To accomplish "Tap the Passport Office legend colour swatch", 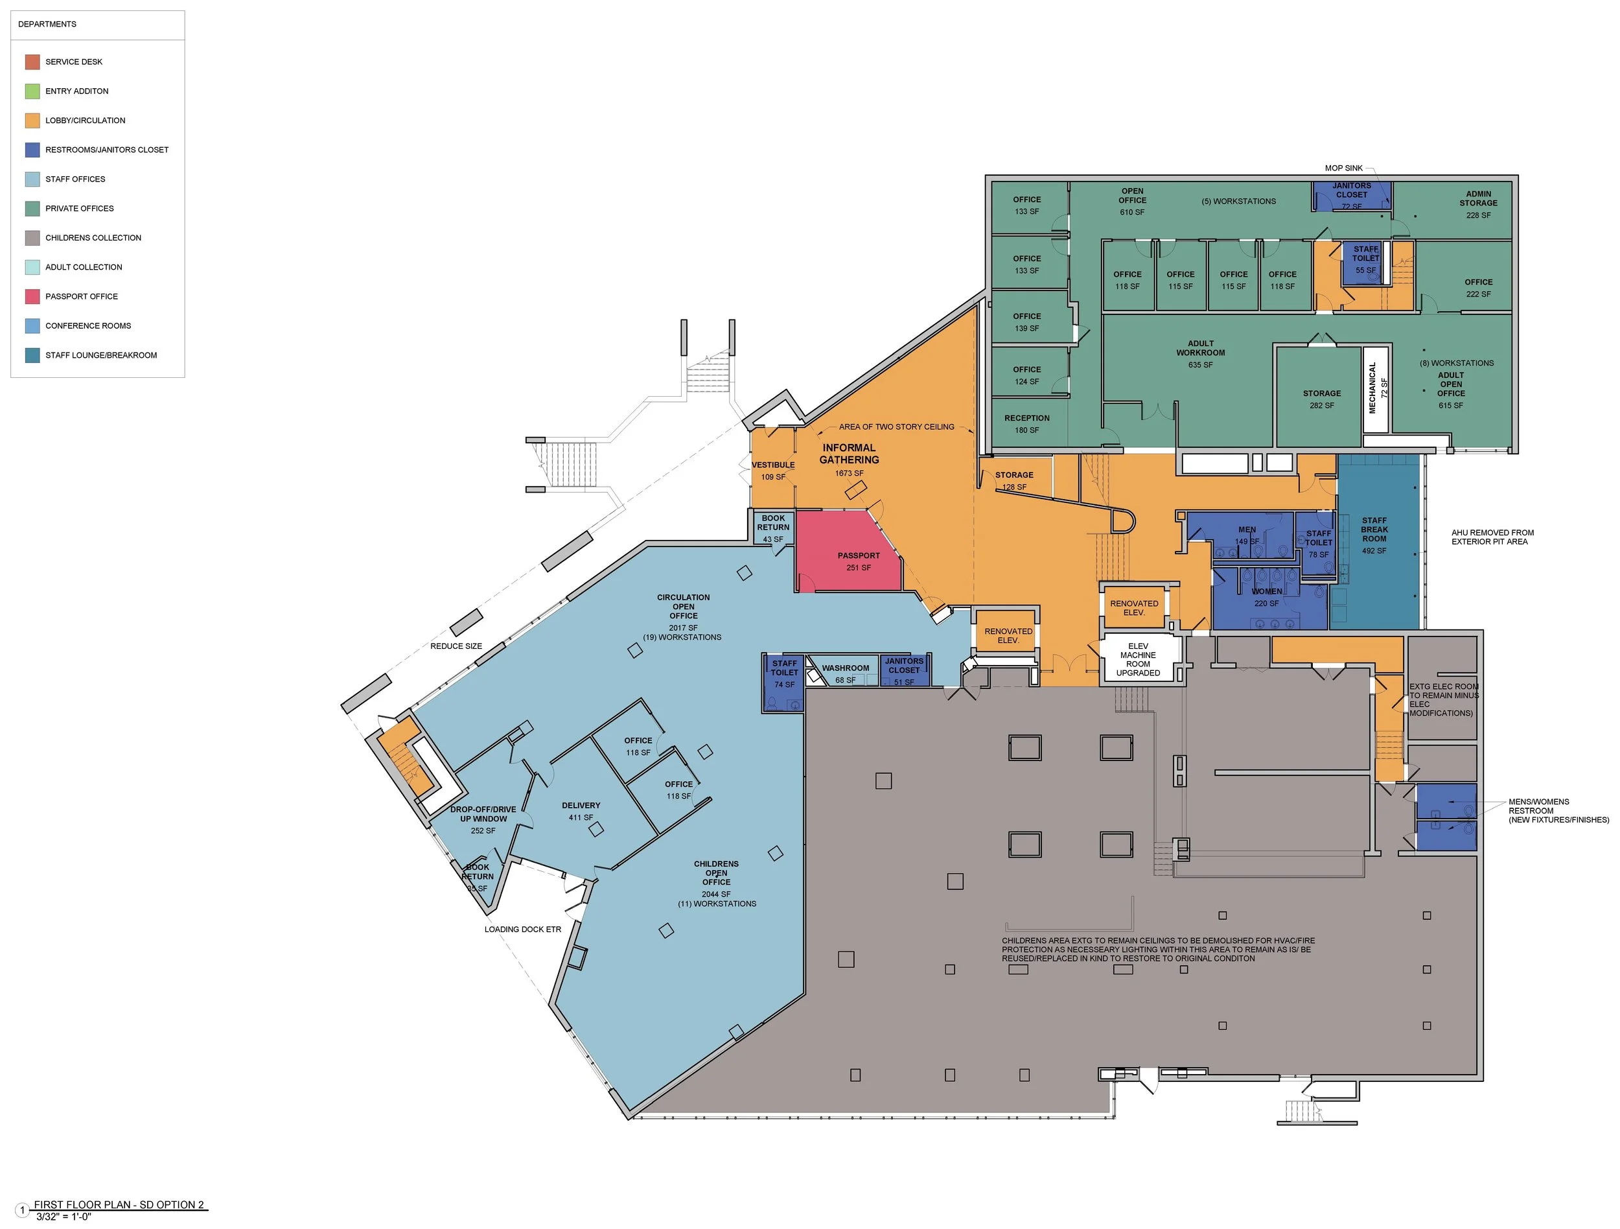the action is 32,297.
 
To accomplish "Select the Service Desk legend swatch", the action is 32,62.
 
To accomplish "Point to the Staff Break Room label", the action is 1374,530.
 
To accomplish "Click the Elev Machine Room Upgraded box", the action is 1138,659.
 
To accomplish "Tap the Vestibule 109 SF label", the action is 772,471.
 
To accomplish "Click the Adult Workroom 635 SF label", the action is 1200,354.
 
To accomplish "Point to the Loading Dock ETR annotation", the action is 522,930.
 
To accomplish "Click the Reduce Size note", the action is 456,646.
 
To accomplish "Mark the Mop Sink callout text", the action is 1343,169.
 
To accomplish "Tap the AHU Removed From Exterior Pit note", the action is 1492,537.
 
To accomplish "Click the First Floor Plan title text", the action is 119,1205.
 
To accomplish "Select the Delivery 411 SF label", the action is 581,812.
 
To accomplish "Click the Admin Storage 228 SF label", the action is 1478,204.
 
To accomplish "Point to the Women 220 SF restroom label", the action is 1266,597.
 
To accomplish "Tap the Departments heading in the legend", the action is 47,24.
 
